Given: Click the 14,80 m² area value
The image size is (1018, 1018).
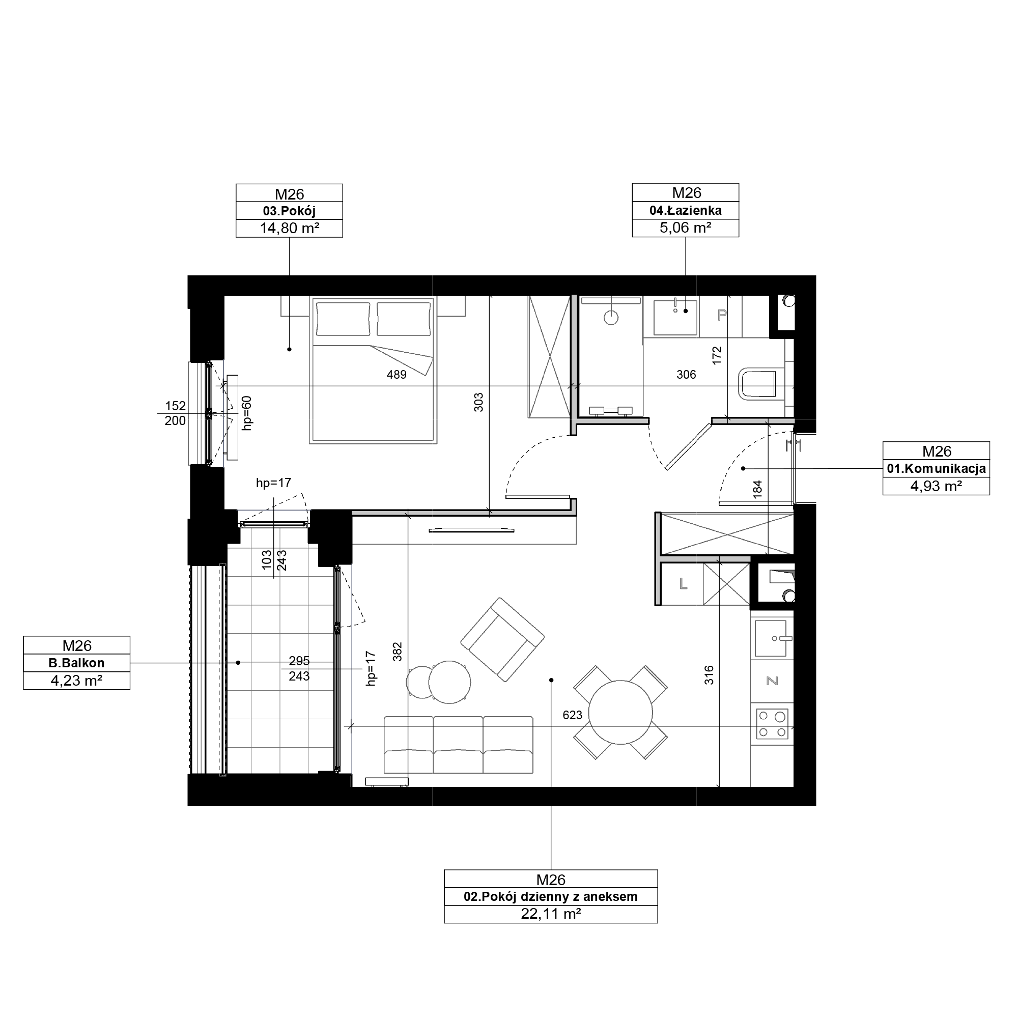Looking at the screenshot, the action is [289, 228].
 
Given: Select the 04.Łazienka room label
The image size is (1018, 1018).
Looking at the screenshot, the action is [686, 211].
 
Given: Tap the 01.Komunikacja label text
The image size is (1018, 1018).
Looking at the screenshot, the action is [937, 468].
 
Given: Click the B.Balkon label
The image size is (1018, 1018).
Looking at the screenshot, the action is [76, 663].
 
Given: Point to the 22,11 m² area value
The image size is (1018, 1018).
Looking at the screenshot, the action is [551, 914].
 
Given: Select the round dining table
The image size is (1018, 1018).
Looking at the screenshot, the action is [620, 712].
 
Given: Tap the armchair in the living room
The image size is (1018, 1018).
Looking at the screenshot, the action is [502, 639].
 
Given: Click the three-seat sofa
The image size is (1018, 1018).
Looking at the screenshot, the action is [459, 745].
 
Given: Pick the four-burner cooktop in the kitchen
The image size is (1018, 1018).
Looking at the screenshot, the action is [772, 723].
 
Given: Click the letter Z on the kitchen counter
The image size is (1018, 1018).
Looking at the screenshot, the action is [772, 681].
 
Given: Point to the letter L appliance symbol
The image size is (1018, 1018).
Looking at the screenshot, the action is [684, 583].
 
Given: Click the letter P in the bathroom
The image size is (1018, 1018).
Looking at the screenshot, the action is [722, 315].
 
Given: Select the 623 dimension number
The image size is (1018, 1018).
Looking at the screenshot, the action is [572, 715].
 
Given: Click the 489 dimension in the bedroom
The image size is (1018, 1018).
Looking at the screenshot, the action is [396, 375].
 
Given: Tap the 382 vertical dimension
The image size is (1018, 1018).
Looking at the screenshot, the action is [398, 652].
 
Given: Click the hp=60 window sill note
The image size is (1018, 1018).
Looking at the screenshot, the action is [246, 413].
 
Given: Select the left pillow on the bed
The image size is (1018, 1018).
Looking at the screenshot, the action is [343, 319].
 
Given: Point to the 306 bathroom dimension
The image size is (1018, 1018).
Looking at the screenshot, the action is [686, 375].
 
